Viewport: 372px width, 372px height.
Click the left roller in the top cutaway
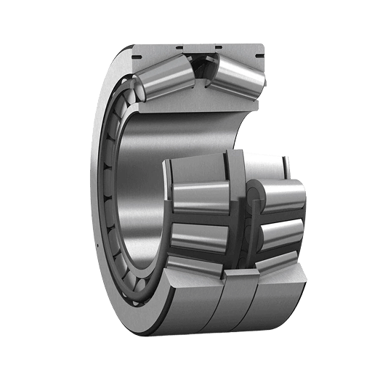pos(163,78)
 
